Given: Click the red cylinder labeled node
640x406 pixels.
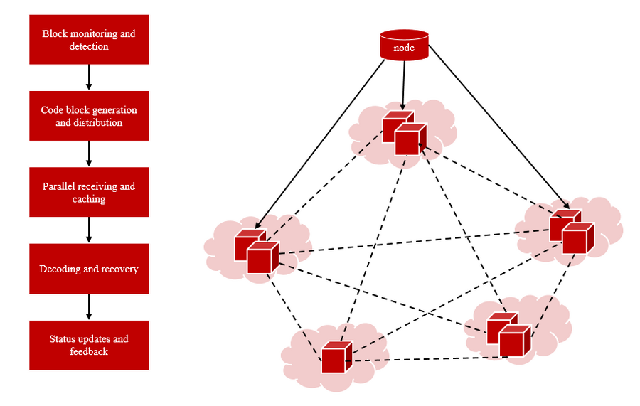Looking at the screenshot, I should tap(405, 45).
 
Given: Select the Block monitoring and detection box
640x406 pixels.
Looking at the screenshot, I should tap(89, 40).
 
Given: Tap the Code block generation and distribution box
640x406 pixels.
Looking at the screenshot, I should tap(89, 116).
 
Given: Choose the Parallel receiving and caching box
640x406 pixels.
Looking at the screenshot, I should tap(89, 192).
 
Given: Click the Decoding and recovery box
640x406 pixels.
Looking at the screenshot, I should tap(89, 269).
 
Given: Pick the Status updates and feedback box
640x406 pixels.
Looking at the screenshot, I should tap(89, 345).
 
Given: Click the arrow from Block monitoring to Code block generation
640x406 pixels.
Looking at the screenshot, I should tap(89, 77).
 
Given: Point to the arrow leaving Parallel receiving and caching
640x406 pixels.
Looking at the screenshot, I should tap(89, 230).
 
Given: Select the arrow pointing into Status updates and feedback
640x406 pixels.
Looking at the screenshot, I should tap(89, 306).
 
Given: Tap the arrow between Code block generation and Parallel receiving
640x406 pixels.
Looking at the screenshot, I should tap(89, 154).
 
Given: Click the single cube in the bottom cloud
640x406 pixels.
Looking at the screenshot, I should tap(336, 358).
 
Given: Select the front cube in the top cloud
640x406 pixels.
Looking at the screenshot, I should tap(408, 140).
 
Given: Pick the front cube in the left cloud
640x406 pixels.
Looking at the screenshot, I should tap(261, 257).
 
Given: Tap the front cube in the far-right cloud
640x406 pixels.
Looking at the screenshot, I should tap(577, 239).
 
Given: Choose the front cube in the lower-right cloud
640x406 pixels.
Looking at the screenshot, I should tap(513, 341).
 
